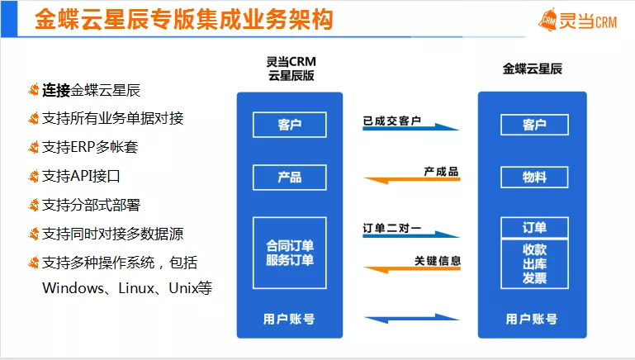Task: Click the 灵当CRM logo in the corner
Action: pyautogui.click(x=577, y=21)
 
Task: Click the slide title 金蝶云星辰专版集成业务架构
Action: pyautogui.click(x=184, y=19)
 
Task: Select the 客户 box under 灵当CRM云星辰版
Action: pyautogui.click(x=290, y=125)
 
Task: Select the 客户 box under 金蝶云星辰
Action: pyautogui.click(x=534, y=125)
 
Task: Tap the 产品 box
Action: pyautogui.click(x=290, y=178)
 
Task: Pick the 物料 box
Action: pyautogui.click(x=534, y=177)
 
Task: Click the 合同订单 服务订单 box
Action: pyautogui.click(x=290, y=253)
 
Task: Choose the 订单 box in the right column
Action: pyautogui.click(x=534, y=228)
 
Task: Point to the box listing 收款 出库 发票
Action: pyautogui.click(x=534, y=263)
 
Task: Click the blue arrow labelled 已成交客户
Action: pyautogui.click(x=410, y=127)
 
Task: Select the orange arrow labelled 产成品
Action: pyautogui.click(x=412, y=179)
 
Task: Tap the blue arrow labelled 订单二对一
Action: pyautogui.click(x=410, y=234)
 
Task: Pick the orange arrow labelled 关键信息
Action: pyautogui.click(x=412, y=269)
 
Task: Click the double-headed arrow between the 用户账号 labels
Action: pyautogui.click(x=412, y=319)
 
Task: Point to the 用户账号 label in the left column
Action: pyautogui.click(x=289, y=319)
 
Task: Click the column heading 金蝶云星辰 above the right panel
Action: pyautogui.click(x=532, y=69)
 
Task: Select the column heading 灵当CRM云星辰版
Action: pyautogui.click(x=291, y=69)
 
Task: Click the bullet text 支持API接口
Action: pyautogui.click(x=81, y=176)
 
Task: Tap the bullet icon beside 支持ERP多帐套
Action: pyautogui.click(x=33, y=147)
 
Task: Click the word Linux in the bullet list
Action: pyautogui.click(x=136, y=288)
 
